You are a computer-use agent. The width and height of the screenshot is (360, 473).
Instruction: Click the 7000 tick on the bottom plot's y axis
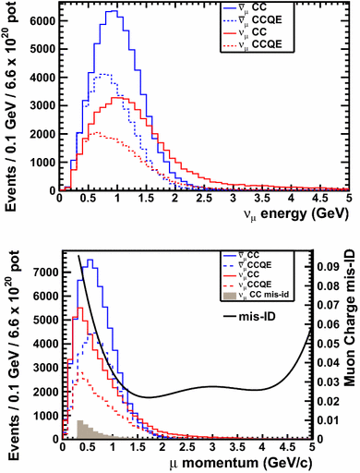(x=42, y=273)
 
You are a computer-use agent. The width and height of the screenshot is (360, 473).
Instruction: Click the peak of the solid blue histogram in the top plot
(x=112, y=12)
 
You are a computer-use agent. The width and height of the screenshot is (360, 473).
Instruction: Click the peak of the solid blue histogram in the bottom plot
(x=90, y=261)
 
